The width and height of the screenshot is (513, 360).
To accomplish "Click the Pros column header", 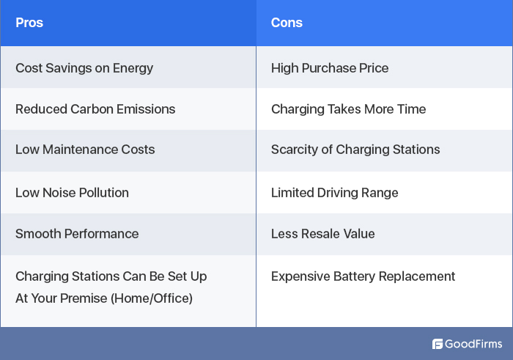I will coord(29,23).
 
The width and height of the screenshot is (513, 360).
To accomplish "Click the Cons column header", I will coord(287,23).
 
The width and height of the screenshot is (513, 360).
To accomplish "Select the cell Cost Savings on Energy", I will coord(84,68).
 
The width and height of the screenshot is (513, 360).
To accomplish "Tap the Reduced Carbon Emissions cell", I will coord(95,109).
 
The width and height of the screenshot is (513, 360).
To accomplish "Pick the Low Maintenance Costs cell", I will coord(85,150).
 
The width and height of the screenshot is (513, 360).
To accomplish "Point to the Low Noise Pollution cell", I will coord(72,193).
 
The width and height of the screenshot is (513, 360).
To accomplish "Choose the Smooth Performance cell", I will coord(77,234).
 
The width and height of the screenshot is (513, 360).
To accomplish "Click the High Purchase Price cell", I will coord(330,68).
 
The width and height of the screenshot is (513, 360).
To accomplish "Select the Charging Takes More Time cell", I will coord(348,109).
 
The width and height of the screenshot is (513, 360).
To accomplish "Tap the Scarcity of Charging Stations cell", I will coord(355,150).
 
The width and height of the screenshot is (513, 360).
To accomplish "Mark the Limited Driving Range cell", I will coord(334,193).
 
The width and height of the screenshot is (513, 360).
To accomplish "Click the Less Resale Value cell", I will coord(322,234).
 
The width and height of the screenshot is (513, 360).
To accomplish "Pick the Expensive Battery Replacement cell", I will coord(363,276).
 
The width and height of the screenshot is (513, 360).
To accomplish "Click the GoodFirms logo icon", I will coord(438,344).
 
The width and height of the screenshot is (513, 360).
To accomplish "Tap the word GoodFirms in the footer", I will coord(474,344).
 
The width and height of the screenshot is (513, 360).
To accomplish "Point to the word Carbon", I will coord(92,109).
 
